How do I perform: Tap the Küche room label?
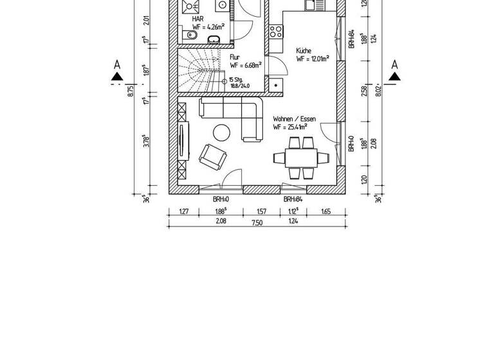click(x=304, y=50)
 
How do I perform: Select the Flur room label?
click(x=234, y=57)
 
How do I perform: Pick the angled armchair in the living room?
click(x=211, y=155)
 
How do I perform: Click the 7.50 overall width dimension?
click(x=257, y=222)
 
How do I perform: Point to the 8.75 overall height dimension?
click(x=131, y=92)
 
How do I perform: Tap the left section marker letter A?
click(x=116, y=64)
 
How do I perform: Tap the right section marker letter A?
click(x=395, y=64)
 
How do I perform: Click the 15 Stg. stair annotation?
click(x=235, y=80)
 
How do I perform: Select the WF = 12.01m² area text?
click(x=313, y=59)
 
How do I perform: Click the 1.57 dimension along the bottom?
click(x=262, y=211)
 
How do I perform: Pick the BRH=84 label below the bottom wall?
click(x=293, y=199)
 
